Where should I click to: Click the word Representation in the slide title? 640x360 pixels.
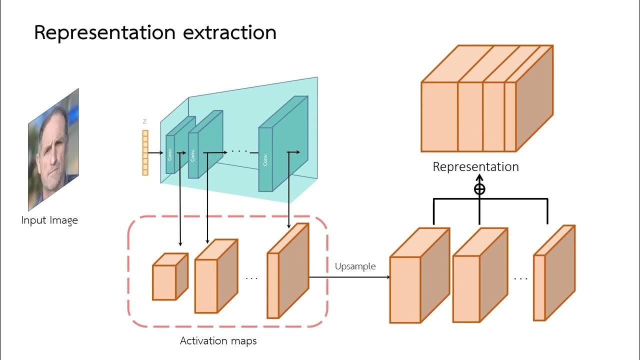click(104, 33)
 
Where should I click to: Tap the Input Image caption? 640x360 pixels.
click(49, 220)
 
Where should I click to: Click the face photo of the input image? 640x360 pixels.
click(53, 150)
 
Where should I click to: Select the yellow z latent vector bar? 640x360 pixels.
click(145, 152)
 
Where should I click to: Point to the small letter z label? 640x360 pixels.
click(145, 121)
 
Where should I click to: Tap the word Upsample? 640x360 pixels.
click(355, 266)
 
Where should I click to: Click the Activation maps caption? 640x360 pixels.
click(218, 341)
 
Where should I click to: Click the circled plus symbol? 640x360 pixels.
click(479, 189)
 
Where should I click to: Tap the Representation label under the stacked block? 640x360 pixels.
click(475, 166)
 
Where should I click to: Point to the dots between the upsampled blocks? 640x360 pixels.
click(520, 278)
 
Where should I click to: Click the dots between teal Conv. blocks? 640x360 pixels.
click(240, 150)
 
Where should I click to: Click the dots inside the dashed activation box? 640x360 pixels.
click(251, 277)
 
